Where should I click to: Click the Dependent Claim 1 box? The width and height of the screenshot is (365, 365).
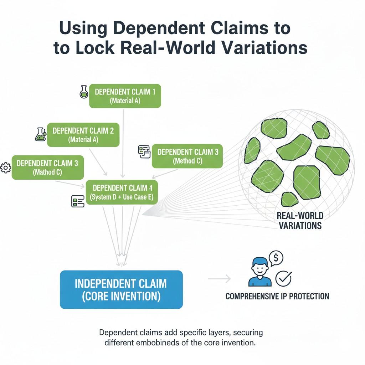(x=125, y=96)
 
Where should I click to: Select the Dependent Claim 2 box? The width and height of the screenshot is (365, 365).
(x=83, y=135)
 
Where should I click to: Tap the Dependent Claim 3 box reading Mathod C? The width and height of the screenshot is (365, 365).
(x=47, y=168)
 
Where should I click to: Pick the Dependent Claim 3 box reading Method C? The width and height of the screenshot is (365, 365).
(x=187, y=156)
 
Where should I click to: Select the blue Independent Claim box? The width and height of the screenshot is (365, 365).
(x=121, y=289)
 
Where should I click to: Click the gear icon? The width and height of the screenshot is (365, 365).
(x=6, y=168)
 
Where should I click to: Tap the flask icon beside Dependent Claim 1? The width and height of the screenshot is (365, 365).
(x=83, y=92)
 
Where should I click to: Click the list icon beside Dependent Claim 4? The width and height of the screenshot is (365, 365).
(x=78, y=201)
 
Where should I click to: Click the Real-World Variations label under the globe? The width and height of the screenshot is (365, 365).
(x=300, y=221)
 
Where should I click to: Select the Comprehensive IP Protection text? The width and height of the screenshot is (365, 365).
(x=277, y=296)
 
